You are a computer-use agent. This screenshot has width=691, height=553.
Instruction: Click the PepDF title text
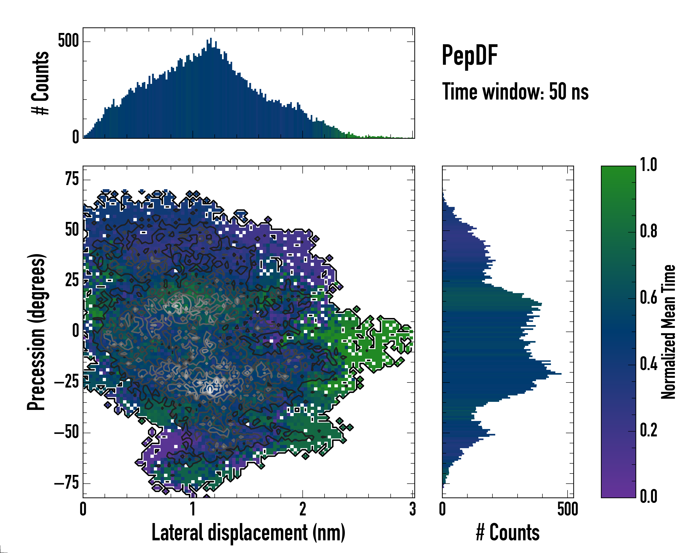(x=469, y=56)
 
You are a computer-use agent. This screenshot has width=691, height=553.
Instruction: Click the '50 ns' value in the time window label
(x=569, y=92)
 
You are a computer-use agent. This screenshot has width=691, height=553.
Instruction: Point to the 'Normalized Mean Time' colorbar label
(x=668, y=332)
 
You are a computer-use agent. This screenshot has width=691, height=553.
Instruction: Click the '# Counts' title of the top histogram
(x=40, y=83)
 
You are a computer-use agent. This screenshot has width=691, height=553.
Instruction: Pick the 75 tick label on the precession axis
(x=72, y=179)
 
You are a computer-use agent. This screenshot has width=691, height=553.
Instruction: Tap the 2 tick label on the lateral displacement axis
(x=303, y=509)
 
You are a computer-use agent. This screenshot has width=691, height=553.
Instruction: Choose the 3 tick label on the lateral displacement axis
(x=413, y=509)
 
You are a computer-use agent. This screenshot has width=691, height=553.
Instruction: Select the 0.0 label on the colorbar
(x=648, y=496)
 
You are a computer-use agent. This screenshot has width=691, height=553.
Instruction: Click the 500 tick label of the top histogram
(x=68, y=41)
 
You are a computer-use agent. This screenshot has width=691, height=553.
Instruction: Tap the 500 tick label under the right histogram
(x=567, y=509)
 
